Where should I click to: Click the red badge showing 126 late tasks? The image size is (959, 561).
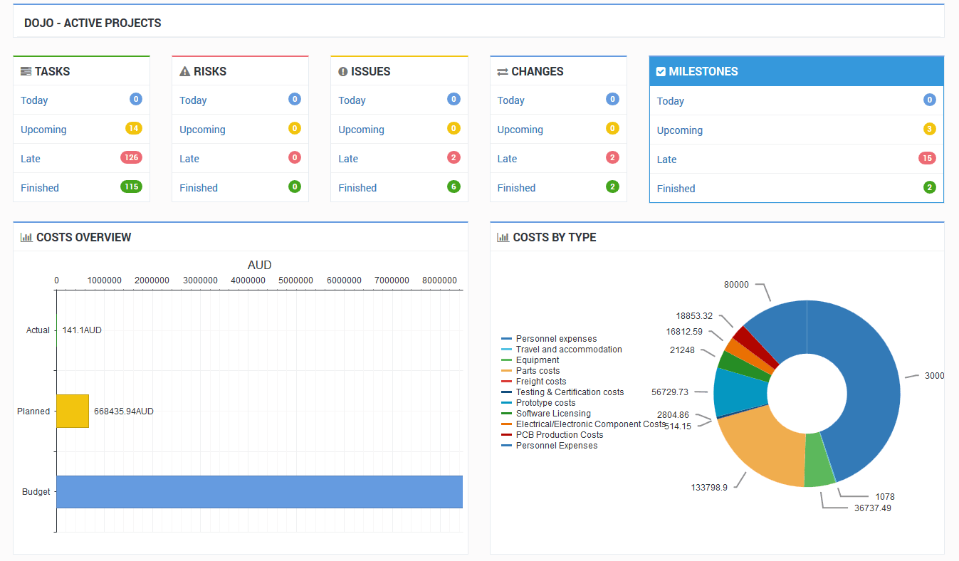131,157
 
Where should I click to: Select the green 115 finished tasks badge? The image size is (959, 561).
131,187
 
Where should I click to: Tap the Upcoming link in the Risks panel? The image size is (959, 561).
202,130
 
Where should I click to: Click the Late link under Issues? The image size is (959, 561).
348,159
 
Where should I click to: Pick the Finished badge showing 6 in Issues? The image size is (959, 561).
454,187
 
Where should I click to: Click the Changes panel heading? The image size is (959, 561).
537,71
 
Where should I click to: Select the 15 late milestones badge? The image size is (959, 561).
926,158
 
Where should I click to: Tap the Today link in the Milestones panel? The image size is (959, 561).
670,101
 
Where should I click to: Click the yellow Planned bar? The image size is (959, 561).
72,411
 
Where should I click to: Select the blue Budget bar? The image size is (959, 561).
259,492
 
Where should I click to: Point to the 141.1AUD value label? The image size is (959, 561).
82,330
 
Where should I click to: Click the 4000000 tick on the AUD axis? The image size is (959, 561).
248,280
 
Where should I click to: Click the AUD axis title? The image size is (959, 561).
259,265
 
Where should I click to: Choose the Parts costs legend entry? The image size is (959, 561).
538,371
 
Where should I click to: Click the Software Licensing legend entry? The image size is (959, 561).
553,414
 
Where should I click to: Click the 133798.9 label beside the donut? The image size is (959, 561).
709,488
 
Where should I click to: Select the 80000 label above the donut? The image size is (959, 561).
736,284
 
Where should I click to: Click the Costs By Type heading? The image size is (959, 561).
554,237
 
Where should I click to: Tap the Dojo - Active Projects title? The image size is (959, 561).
93,23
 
